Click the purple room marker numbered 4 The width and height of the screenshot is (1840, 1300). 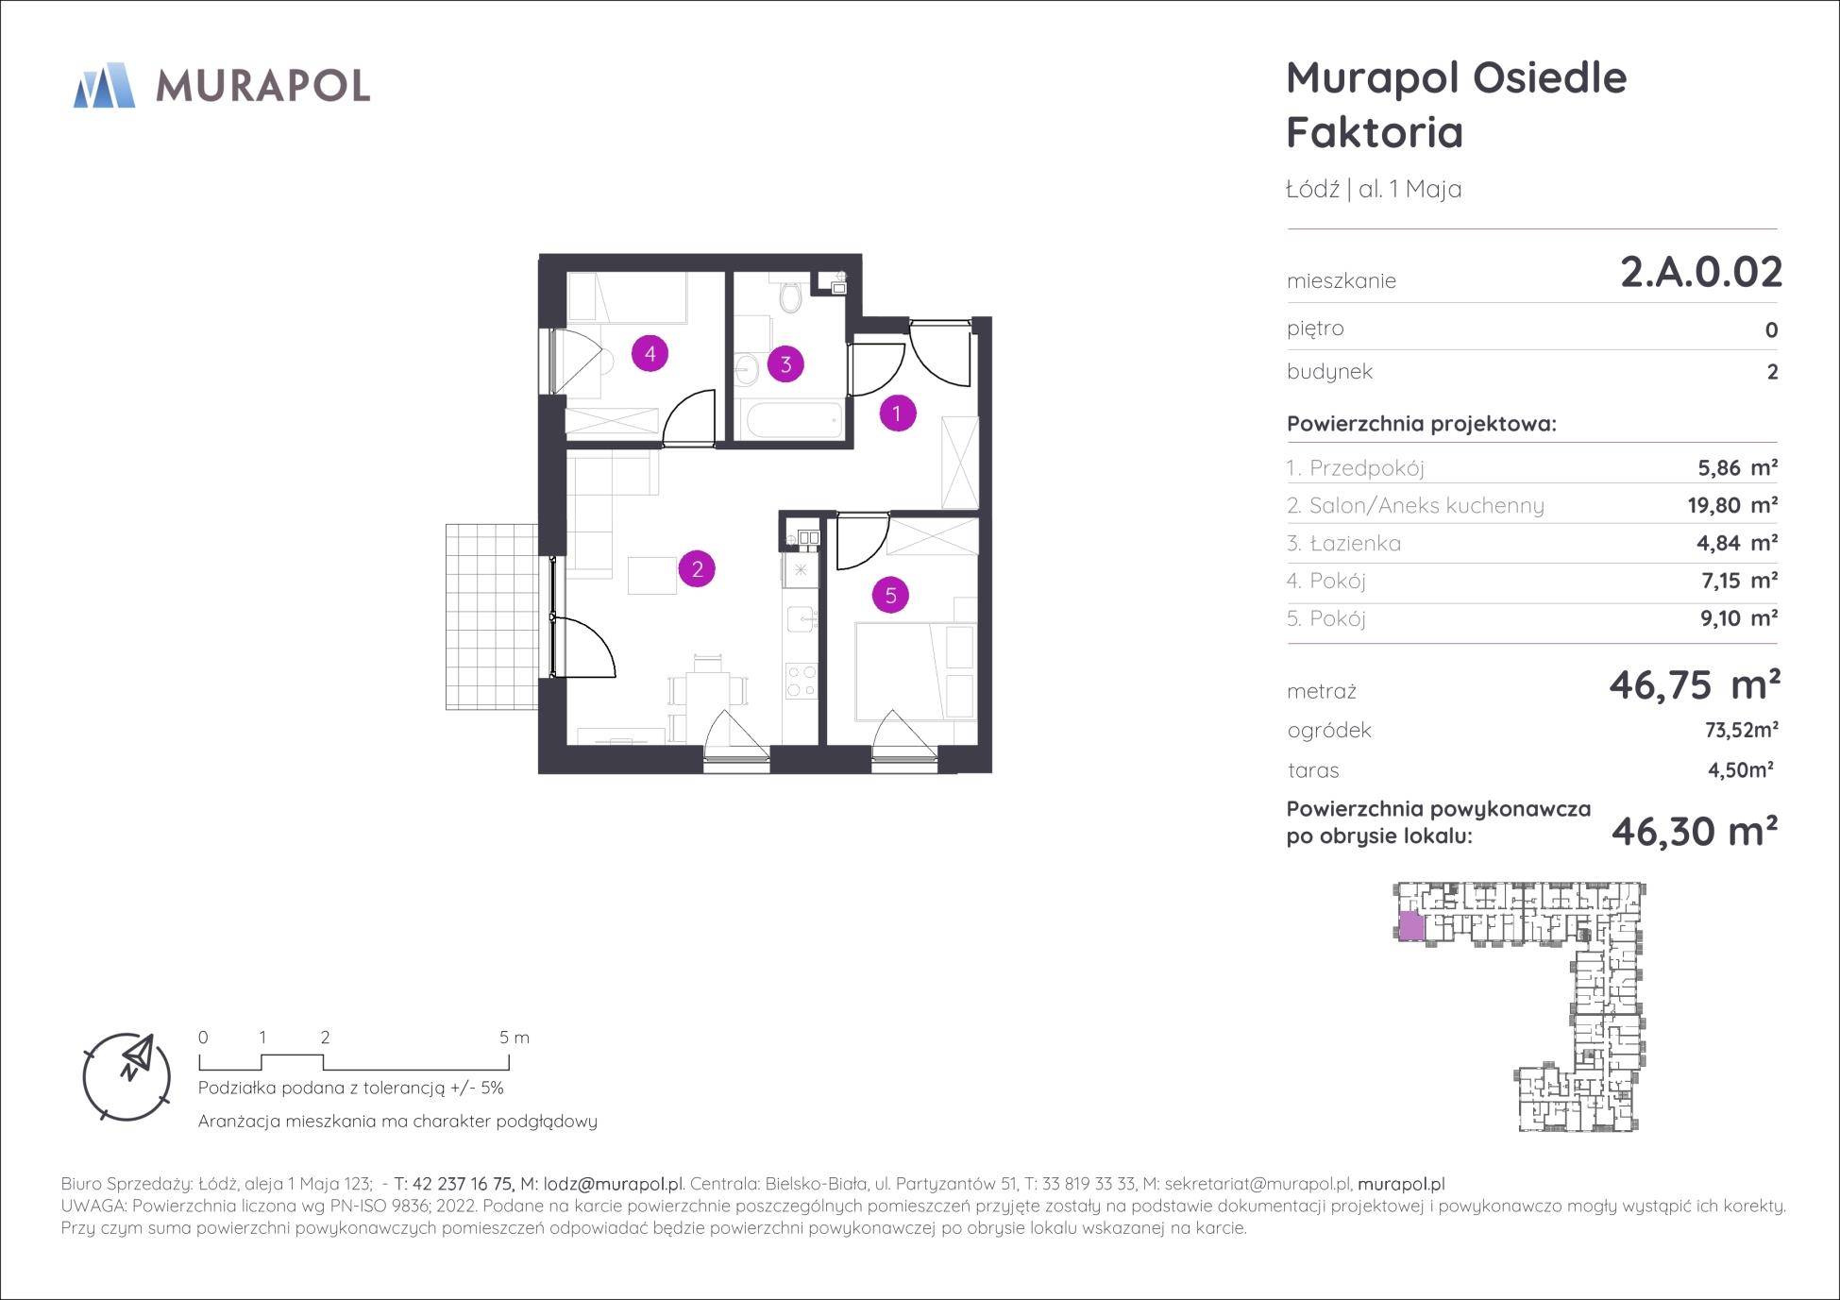point(650,354)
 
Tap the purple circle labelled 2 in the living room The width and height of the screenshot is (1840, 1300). point(697,569)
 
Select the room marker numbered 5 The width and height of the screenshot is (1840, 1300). point(890,595)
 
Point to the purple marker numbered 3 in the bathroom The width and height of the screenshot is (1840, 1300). point(785,363)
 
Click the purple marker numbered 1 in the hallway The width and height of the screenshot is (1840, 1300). point(897,413)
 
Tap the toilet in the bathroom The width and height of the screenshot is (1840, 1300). point(790,296)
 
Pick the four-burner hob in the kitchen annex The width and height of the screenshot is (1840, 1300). point(801,681)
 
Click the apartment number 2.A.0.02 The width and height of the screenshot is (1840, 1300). point(1701,273)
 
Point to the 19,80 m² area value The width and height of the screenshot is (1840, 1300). point(1732,505)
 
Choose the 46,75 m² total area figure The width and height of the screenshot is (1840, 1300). point(1695,684)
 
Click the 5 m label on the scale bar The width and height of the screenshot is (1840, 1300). point(515,1038)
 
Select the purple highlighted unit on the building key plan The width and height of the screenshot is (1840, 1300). point(1410,926)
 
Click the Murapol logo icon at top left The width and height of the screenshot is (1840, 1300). point(105,85)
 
